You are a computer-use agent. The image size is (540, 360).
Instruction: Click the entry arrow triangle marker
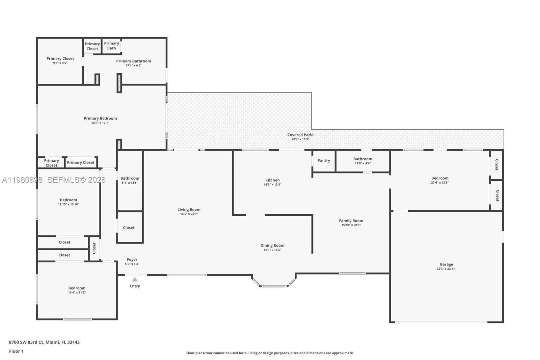pos(135,279)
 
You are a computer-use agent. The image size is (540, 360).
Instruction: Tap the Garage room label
pos(446,264)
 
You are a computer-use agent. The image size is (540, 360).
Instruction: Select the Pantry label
pos(324,160)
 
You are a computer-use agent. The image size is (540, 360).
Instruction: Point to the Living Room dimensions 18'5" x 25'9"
pos(189,214)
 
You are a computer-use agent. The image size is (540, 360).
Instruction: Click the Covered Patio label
pos(300,135)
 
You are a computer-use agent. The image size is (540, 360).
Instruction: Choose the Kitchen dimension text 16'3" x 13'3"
pos(272,185)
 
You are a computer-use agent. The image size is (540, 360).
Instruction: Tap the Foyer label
pos(132,260)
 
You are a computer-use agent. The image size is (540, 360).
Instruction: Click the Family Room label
pos(351,221)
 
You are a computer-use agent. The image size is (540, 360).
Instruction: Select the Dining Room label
pos(272,246)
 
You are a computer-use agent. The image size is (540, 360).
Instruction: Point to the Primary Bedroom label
pos(100,118)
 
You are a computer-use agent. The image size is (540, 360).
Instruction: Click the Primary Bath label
pos(112,46)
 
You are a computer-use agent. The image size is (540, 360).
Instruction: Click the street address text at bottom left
pos(44,342)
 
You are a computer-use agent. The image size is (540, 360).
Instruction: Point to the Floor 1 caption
pos(17,351)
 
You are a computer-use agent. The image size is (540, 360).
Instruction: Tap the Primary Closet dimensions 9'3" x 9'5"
pos(60,63)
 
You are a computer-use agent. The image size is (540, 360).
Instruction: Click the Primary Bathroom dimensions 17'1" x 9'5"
pos(134,66)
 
